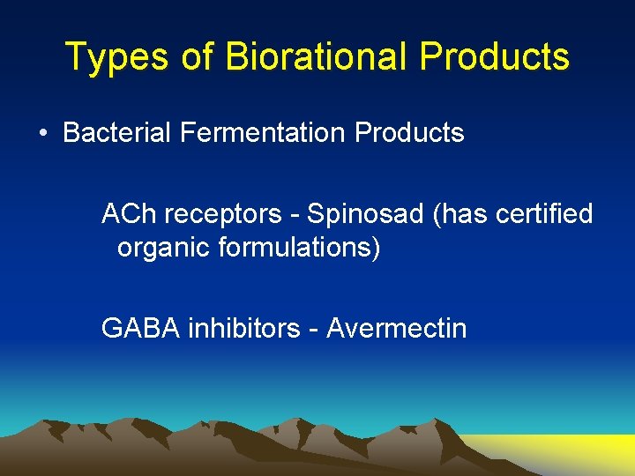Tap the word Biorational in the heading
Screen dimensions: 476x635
pyautogui.click(x=317, y=57)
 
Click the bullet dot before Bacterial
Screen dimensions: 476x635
pyautogui.click(x=43, y=134)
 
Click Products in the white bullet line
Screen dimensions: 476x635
pyautogui.click(x=409, y=133)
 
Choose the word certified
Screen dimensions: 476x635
pyautogui.click(x=542, y=214)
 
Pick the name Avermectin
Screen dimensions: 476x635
pyautogui.click(x=397, y=329)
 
